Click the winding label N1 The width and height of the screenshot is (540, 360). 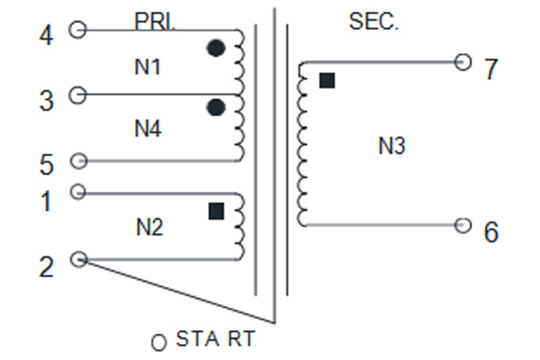coord(148,67)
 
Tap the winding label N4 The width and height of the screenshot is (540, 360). coord(148,129)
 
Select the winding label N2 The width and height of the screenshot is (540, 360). coord(149,228)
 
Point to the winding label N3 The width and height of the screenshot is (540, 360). coord(391,146)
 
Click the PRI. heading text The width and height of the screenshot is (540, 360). coord(155,22)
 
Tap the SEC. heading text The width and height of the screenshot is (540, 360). coord(374,22)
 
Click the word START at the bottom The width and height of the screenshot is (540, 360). coord(216,338)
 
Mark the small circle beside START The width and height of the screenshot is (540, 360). coord(159,342)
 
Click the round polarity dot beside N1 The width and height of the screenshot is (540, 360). coord(216,49)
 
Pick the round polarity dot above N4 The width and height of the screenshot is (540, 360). coord(216,107)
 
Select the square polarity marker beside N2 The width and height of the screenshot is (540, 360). coord(217,211)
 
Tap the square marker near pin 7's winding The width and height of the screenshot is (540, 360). coord(328,81)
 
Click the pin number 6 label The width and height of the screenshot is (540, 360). coord(491,232)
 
